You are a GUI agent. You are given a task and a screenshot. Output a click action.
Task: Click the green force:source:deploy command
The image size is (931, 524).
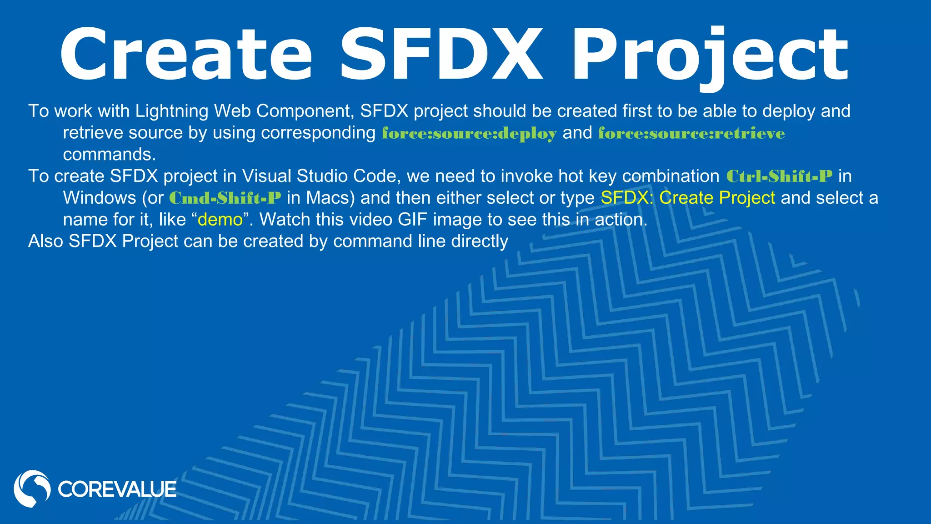click(x=469, y=133)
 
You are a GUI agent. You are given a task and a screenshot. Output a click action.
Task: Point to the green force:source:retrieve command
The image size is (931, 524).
click(x=691, y=133)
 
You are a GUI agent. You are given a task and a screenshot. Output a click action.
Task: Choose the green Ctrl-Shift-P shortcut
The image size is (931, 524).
click(x=779, y=176)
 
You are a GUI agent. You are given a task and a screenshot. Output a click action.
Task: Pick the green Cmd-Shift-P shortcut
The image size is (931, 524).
click(x=225, y=198)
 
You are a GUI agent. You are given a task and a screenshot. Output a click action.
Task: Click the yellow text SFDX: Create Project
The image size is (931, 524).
click(x=688, y=198)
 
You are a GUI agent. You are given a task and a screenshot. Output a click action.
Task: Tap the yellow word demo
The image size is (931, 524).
click(x=220, y=220)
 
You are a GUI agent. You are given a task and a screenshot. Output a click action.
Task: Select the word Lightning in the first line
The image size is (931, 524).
click(x=172, y=111)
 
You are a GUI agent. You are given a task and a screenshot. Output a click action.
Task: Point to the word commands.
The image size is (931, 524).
click(x=109, y=155)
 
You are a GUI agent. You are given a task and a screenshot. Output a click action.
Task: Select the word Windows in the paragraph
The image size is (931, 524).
click(x=100, y=198)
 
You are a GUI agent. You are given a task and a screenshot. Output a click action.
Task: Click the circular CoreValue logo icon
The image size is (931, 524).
click(x=32, y=489)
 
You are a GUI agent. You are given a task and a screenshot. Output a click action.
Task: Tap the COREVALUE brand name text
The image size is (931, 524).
click(x=117, y=489)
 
